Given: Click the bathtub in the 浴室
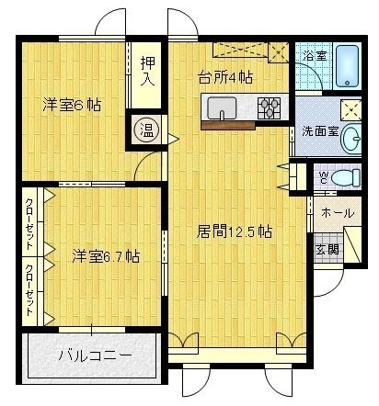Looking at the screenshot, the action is pyautogui.click(x=347, y=66).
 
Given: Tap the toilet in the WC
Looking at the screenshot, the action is pyautogui.click(x=345, y=177).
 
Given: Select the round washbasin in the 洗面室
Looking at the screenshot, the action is pyautogui.click(x=350, y=139).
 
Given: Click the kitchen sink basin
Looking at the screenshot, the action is pyautogui.click(x=222, y=108).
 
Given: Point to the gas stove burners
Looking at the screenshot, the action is pyautogui.click(x=269, y=107).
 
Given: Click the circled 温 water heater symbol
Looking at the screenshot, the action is pyautogui.click(x=146, y=131).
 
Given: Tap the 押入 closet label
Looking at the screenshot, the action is pyautogui.click(x=147, y=71).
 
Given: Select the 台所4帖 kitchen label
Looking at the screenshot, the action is pyautogui.click(x=225, y=77).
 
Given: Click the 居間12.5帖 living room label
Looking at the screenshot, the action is pyautogui.click(x=234, y=231).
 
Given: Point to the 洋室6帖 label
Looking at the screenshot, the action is pyautogui.click(x=72, y=105).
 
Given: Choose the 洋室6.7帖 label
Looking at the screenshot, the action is pyautogui.click(x=106, y=256).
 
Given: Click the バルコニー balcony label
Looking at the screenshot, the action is pyautogui.click(x=96, y=355).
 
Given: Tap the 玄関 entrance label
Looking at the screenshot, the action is pyautogui.click(x=327, y=250).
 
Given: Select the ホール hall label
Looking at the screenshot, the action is pyautogui.click(x=338, y=213).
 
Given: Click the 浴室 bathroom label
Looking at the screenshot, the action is pyautogui.click(x=315, y=56).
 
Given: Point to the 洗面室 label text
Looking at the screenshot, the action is pyautogui.click(x=320, y=131).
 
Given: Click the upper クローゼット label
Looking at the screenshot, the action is pyautogui.click(x=29, y=224).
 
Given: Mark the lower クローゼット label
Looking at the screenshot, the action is pyautogui.click(x=29, y=290).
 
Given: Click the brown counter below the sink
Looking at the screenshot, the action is pyautogui.click(x=228, y=126).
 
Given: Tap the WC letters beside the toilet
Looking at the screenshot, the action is pyautogui.click(x=324, y=177).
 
